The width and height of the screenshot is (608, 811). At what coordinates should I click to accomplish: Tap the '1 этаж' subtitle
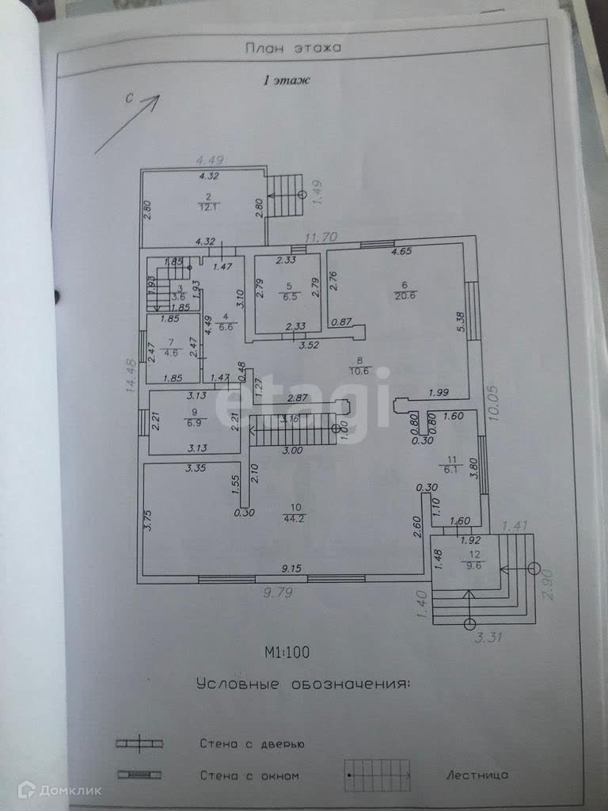[x=287, y=80]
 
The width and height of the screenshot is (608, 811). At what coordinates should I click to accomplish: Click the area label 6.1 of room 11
[x=451, y=468]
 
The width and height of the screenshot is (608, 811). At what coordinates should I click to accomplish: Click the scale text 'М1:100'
[x=287, y=653]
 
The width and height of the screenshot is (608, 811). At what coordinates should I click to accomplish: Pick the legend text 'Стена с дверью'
[x=252, y=744]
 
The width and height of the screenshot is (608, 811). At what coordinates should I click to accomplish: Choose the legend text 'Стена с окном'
[x=249, y=775]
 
